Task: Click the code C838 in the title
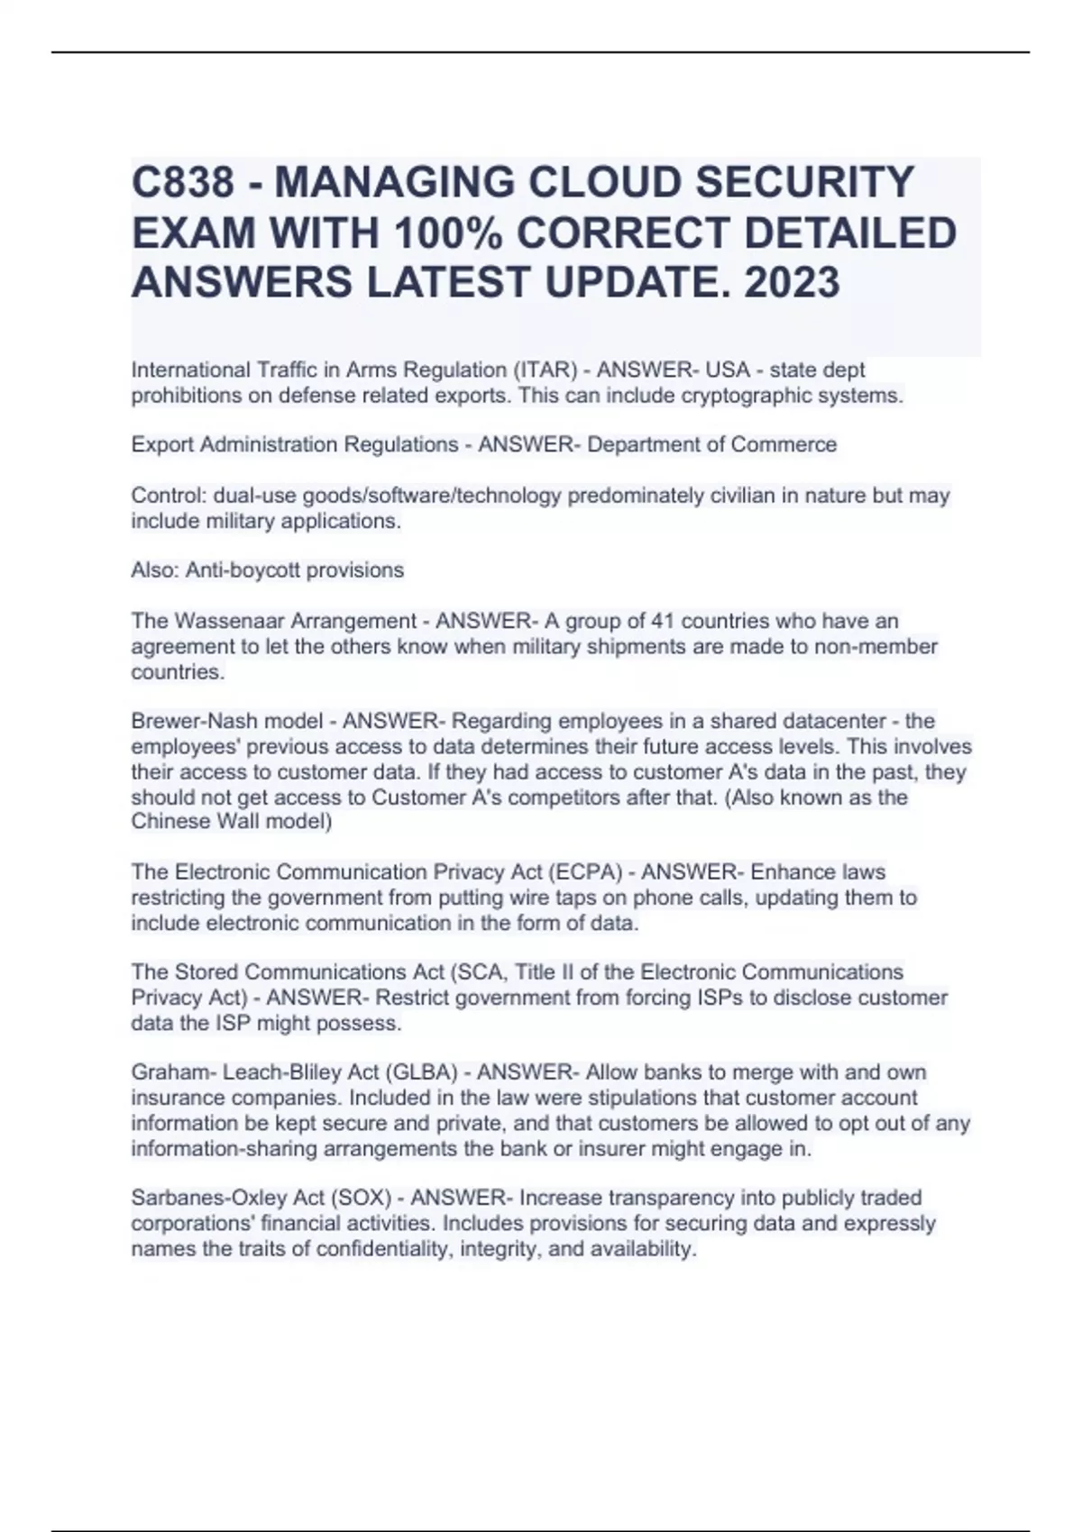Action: (x=183, y=182)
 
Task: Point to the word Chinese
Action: (x=170, y=822)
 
